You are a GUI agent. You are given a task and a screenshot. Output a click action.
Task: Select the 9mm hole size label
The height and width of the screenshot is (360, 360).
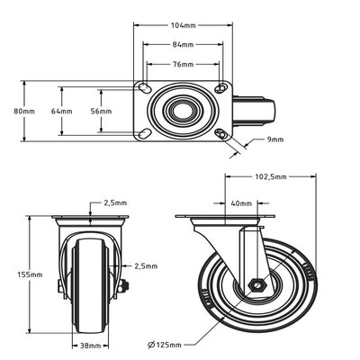click(x=276, y=139)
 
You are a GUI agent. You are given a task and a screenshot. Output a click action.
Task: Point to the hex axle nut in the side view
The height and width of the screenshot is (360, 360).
click(x=256, y=288)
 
